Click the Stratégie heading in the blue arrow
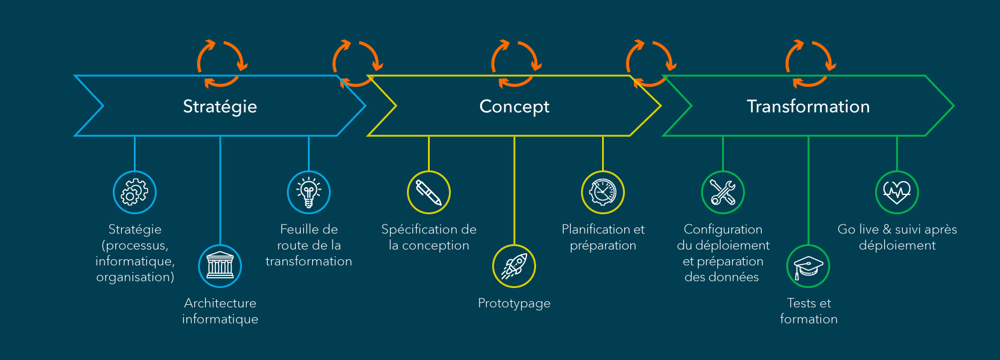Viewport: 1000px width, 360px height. coord(220,106)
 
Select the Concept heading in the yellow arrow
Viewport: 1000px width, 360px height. coord(514,106)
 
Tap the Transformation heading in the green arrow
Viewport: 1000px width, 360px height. coord(808,106)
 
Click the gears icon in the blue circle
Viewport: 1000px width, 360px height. coord(134,192)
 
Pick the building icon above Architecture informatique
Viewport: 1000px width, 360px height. coord(220,266)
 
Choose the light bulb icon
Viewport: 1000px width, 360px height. coord(309,192)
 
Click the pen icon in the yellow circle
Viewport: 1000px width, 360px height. coord(429,192)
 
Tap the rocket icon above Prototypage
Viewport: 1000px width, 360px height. coord(514,266)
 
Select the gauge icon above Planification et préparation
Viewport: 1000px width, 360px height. coord(603,192)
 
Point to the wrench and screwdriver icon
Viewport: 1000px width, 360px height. coord(723,192)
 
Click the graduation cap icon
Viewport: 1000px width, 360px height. coord(808,266)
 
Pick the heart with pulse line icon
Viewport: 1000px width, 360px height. coord(897,192)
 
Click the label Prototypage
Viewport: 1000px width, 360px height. coord(514,304)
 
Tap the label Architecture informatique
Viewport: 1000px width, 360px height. coord(220,311)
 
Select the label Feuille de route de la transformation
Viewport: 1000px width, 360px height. coord(309,245)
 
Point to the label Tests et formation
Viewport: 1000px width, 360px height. coord(809,311)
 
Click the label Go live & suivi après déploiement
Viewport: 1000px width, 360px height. coord(897,237)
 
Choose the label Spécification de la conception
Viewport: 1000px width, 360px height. coord(429,237)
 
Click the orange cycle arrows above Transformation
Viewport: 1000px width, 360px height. coord(810,64)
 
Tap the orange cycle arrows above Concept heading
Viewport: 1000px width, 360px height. coord(516,64)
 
